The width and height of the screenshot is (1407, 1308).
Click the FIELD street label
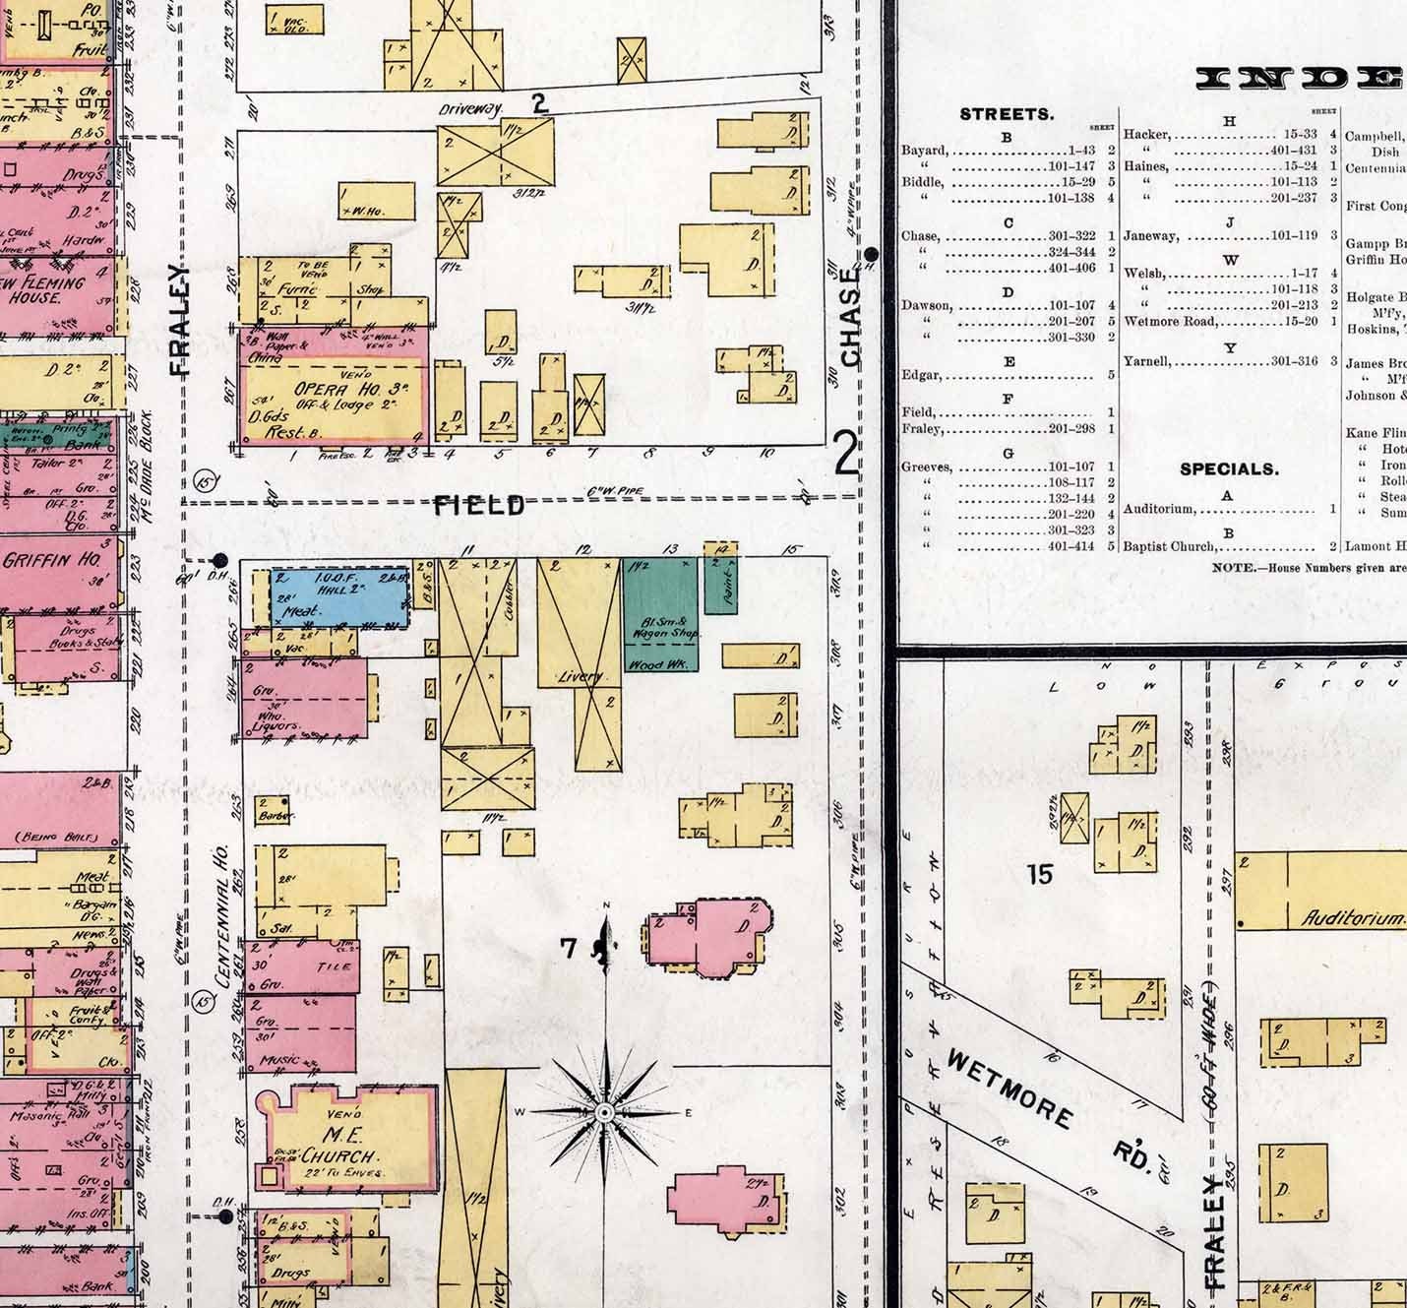click(x=479, y=506)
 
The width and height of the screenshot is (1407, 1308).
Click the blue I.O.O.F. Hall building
click(x=339, y=596)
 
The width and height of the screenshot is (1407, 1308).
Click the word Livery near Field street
click(x=584, y=677)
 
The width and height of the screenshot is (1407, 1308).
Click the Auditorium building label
click(x=1352, y=918)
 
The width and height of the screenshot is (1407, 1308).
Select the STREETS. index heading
click(x=1007, y=114)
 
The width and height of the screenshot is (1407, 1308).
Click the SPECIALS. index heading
click(x=1229, y=469)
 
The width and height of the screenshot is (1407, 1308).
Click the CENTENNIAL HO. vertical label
click(x=222, y=915)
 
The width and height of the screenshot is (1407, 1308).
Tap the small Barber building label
click(x=270, y=816)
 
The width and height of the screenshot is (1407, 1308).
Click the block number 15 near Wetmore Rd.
click(x=1039, y=873)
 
